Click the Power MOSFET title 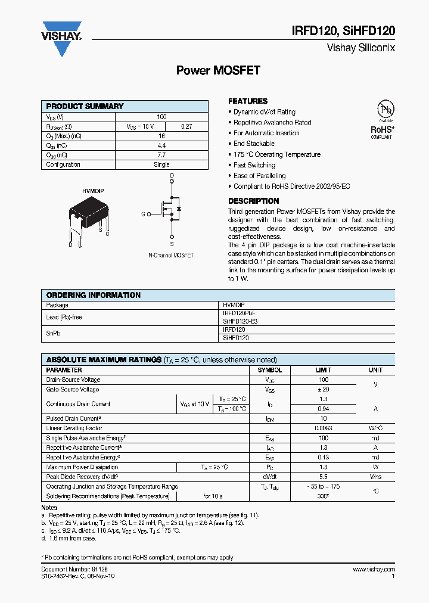pyautogui.click(x=218, y=70)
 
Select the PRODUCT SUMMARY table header pyautogui.click(x=85, y=106)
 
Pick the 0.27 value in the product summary pyautogui.click(x=186, y=126)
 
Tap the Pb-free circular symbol pyautogui.click(x=386, y=110)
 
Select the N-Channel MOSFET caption pyautogui.click(x=171, y=256)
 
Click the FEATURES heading pyautogui.click(x=248, y=101)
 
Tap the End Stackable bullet pyautogui.click(x=254, y=144)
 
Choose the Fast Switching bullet pyautogui.click(x=254, y=165)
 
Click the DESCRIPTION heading pyautogui.click(x=254, y=201)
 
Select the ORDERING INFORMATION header pyautogui.click(x=94, y=295)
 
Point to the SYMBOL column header pyautogui.click(x=269, y=370)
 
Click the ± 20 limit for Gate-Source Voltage pyautogui.click(x=323, y=390)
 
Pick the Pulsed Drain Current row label pyautogui.click(x=73, y=419)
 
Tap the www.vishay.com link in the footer pyautogui.click(x=374, y=570)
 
